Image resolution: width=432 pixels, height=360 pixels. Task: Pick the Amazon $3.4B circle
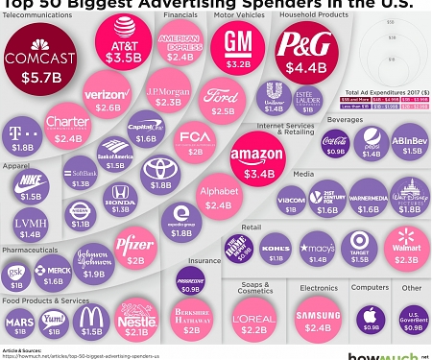tap(256, 156)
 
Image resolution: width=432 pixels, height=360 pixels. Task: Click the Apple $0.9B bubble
tap(367, 319)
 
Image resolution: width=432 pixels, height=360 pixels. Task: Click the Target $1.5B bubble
tap(361, 247)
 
